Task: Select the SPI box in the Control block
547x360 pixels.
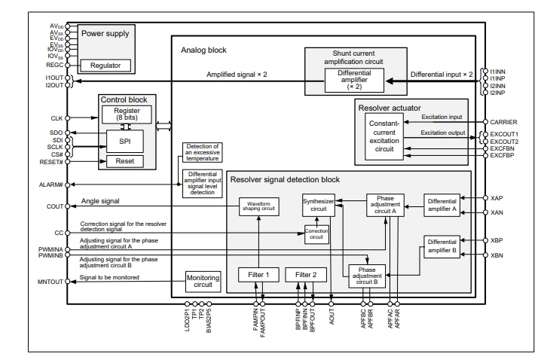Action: pyautogui.click(x=125, y=140)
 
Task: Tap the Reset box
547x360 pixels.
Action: pyautogui.click(x=125, y=161)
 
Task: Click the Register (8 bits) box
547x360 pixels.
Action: pyautogui.click(x=125, y=114)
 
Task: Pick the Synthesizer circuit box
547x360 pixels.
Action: pyautogui.click(x=319, y=205)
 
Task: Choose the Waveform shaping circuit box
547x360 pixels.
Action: pyautogui.click(x=258, y=205)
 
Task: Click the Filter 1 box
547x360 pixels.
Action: pyautogui.click(x=258, y=275)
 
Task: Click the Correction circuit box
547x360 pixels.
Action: pyautogui.click(x=316, y=233)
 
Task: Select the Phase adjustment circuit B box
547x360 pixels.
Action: pyautogui.click(x=367, y=275)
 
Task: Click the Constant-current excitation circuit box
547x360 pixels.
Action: pyautogui.click(x=385, y=136)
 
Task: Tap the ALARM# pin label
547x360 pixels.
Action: pyautogui.click(x=52, y=184)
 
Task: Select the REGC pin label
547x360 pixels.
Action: pyautogui.click(x=54, y=66)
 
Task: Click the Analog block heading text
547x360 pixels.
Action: pyautogui.click(x=203, y=50)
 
